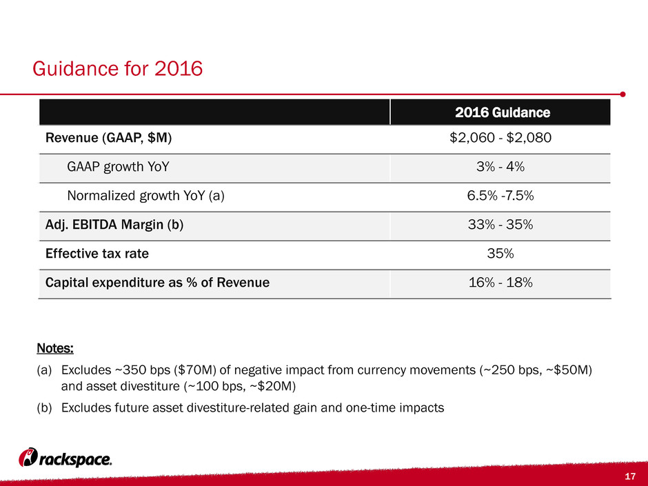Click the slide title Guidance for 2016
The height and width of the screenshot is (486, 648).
tap(118, 69)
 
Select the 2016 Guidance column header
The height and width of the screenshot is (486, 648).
tap(503, 112)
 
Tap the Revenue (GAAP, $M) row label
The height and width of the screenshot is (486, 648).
tap(108, 138)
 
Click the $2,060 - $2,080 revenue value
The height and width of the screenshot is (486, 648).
tap(500, 138)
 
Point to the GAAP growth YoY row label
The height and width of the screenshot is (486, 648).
tap(118, 167)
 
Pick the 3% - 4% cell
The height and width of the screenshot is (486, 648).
tap(500, 167)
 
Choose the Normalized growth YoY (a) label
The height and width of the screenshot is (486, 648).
tap(146, 196)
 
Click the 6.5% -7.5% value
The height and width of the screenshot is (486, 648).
tap(500, 196)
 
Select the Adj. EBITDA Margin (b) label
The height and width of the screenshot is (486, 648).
tap(114, 225)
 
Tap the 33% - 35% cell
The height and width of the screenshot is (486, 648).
tap(500, 225)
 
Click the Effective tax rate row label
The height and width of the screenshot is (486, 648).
tap(97, 253)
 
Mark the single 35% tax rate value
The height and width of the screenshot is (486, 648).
tap(500, 253)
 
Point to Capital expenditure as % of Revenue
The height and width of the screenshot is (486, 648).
tap(157, 282)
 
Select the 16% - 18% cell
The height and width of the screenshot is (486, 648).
tap(500, 282)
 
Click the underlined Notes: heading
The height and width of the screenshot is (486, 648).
tap(55, 348)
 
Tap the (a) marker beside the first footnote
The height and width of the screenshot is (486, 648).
tap(44, 370)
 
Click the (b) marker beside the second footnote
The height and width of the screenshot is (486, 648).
tap(44, 408)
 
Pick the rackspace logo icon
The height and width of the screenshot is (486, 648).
tap(28, 458)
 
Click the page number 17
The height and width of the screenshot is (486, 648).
tap(630, 476)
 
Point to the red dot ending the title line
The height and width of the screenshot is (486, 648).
tap(622, 94)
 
